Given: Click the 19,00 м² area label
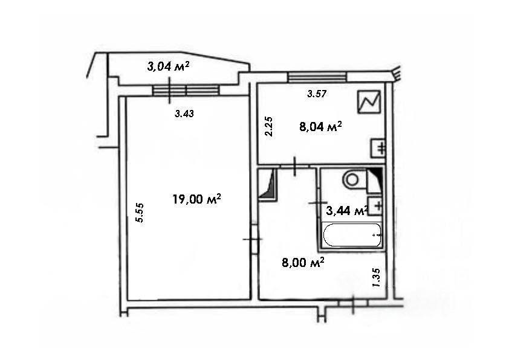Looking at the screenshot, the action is pos(196,199).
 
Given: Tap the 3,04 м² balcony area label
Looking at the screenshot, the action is pos(168,66).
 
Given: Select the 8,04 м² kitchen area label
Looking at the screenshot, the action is pos(320,126).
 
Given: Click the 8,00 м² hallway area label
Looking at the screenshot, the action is pos(303,262).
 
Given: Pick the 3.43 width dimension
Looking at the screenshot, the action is pos(184,114).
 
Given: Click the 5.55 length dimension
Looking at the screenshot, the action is pos(140,213).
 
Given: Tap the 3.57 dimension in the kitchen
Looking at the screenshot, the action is pos(317,94).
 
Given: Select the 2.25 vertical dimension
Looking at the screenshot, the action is pos(269,126).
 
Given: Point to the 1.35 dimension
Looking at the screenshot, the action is pos(377,278).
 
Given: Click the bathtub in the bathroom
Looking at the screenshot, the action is pos(352,235).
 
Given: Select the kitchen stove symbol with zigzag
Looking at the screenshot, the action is pos(369,102).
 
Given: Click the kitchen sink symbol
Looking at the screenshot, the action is pos(378,148).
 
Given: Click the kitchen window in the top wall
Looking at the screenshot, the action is pos(317,77).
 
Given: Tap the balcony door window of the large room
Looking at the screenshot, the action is pos(186,91).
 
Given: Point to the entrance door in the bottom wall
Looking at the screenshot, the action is pos(353,303).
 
